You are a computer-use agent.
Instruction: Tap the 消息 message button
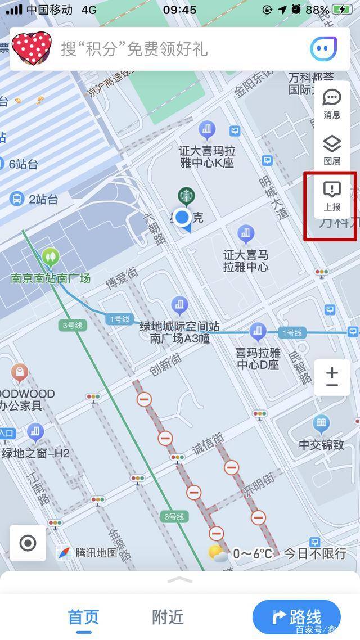coord(332,104)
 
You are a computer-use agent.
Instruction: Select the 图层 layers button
coord(332,150)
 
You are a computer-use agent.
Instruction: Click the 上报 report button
coord(332,196)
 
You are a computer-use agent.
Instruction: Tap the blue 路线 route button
coord(296,617)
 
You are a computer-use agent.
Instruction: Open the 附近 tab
coord(168,617)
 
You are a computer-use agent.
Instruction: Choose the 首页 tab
coord(83,617)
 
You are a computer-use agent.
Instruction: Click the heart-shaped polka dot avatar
coord(31,48)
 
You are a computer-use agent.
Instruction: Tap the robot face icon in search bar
coord(323,49)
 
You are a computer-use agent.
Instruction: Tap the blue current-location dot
coord(182,217)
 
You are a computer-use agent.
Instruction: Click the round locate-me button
coord(28,543)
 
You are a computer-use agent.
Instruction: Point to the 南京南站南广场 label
coord(51,278)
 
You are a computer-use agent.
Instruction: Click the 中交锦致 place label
coord(321,445)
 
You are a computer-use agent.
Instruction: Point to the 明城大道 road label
coord(273,197)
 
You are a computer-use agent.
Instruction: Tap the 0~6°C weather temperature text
coord(253,553)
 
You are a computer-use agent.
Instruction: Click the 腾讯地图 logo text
coord(96,553)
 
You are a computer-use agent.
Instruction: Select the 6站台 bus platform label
coord(24,164)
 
